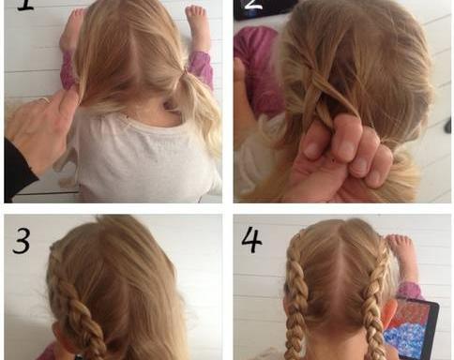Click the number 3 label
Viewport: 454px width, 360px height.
click(x=22, y=241)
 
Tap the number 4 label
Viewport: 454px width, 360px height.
click(x=251, y=239)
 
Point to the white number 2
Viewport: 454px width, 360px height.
click(x=253, y=5)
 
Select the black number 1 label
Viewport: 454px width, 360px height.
click(x=25, y=6)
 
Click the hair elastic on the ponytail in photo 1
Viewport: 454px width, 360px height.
click(x=185, y=72)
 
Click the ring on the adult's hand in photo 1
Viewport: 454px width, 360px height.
click(x=45, y=100)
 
